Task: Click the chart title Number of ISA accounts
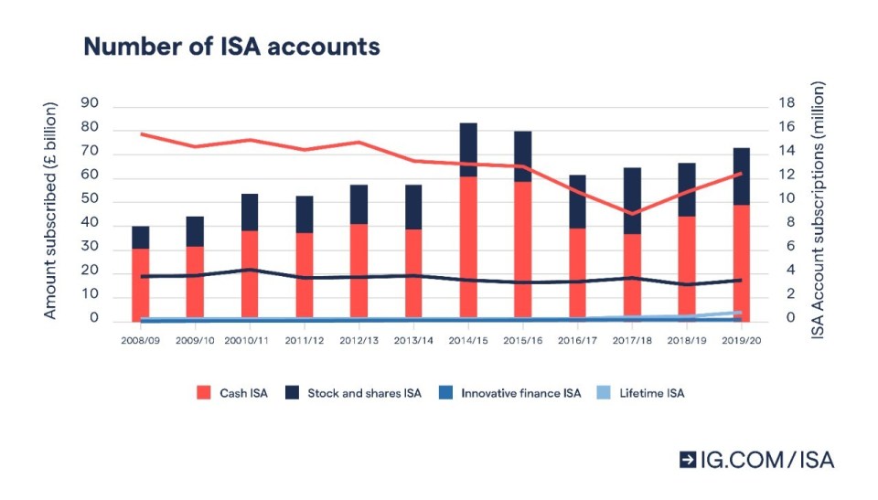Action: (x=231, y=47)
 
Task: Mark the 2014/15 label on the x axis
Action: (x=468, y=340)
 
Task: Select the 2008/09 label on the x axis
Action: (x=140, y=340)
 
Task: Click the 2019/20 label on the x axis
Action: (x=742, y=340)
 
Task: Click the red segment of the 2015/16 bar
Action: (x=523, y=247)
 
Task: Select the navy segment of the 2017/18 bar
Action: (x=632, y=200)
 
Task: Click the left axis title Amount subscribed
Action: (x=50, y=211)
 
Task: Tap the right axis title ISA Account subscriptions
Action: (x=819, y=211)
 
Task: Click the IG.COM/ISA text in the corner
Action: (x=766, y=460)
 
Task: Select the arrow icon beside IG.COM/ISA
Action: (x=688, y=460)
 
